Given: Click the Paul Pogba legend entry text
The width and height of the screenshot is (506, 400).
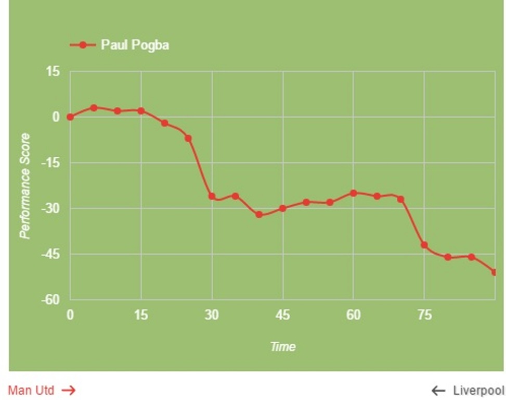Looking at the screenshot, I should point(135,45).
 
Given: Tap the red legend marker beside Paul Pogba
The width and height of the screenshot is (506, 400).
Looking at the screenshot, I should point(83,45).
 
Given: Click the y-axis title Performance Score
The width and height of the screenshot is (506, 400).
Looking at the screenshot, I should point(24,186).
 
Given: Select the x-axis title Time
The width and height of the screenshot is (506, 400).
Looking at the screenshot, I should point(282,346).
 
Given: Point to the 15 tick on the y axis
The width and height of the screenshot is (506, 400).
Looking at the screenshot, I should point(54,71).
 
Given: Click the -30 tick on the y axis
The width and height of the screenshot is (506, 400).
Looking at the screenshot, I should point(50,208).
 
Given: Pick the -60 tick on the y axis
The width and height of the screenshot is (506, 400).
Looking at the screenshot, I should point(50,300).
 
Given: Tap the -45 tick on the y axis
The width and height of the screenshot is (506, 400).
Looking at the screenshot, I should point(50,254).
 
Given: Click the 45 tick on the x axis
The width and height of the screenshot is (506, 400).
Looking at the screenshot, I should point(282,315).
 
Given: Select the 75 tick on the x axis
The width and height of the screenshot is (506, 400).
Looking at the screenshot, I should point(424,315).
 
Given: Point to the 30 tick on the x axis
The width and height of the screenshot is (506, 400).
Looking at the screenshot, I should point(212,315).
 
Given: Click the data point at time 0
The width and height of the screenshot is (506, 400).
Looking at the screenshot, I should point(70,117).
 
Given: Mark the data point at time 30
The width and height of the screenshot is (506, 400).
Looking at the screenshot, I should point(212,196).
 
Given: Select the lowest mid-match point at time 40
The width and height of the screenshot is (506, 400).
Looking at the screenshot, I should point(259,215).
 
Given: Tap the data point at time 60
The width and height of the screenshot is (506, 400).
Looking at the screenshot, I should point(354,193).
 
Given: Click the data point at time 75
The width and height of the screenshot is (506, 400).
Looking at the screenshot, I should point(424,245).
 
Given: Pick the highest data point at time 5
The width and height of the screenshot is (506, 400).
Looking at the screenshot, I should point(94,108).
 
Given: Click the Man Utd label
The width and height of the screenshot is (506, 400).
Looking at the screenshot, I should point(31,390).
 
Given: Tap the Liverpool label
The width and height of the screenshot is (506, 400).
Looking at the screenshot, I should point(478,391).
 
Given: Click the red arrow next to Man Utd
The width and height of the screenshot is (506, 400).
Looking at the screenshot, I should point(69,390).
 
